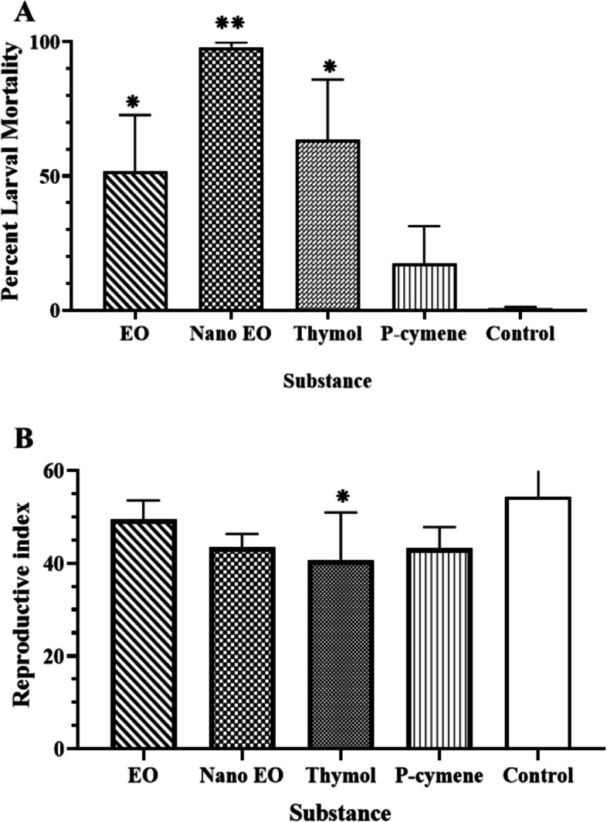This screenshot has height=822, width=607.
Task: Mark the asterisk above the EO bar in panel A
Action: pyautogui.click(x=134, y=101)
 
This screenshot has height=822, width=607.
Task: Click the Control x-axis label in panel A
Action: pyautogui.click(x=521, y=335)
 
